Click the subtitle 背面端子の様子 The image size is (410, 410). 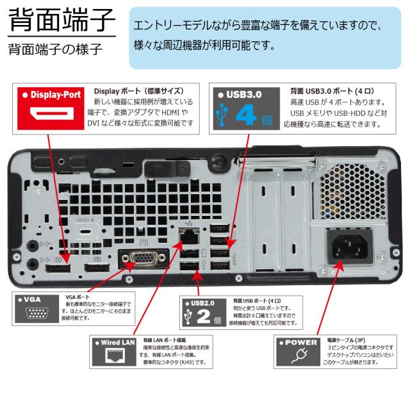tap(55, 50)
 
